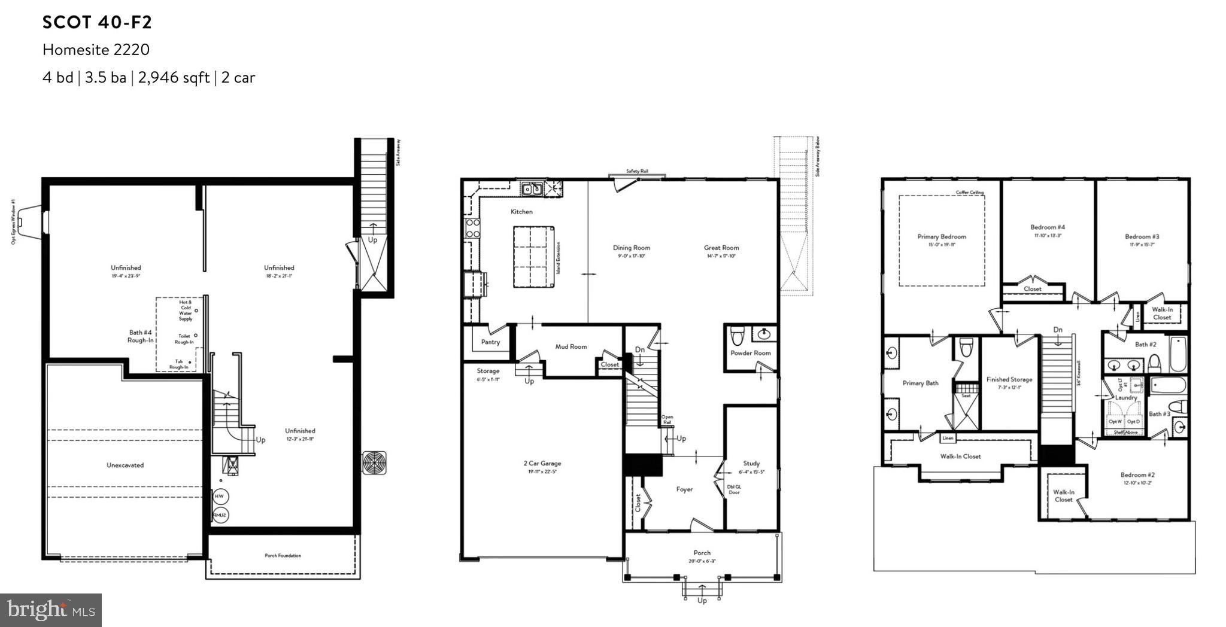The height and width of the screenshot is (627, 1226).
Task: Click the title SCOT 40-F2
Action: [x=97, y=23]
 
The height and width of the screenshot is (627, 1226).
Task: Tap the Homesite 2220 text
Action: [x=96, y=50]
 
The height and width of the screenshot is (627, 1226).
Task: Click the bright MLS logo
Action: [x=51, y=610]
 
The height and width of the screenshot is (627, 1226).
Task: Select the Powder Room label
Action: [x=750, y=353]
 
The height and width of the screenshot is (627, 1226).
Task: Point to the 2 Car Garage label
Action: [x=542, y=463]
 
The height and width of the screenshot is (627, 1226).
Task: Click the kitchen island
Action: [x=533, y=257]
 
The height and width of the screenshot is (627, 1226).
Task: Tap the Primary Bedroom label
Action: [x=941, y=237]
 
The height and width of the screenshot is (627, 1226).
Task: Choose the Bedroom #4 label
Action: [x=1047, y=227]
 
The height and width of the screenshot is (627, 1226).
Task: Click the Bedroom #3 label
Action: [x=1142, y=237]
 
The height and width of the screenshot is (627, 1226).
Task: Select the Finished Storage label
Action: [x=1009, y=379]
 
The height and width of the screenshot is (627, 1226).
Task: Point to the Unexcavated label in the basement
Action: [x=125, y=465]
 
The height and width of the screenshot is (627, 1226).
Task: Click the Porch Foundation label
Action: [x=283, y=556]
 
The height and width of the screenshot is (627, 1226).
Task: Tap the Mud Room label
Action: [x=570, y=346]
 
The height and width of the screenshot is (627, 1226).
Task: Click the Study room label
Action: [x=751, y=463]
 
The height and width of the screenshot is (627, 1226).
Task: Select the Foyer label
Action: [x=684, y=489]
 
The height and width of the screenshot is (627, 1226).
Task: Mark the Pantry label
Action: [x=490, y=342]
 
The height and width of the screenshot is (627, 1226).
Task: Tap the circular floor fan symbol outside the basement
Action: [x=374, y=462]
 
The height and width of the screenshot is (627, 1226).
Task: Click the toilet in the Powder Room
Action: [x=737, y=334]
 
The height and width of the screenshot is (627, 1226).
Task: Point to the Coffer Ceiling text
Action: [x=970, y=193]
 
